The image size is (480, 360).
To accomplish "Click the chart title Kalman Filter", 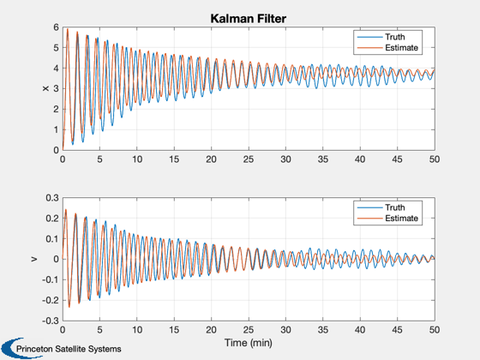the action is click(249, 19).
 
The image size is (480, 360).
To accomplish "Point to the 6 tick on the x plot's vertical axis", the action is click(56, 27).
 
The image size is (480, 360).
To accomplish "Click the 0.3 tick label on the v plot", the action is click(52, 198).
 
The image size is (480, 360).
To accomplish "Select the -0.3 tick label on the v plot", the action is click(51, 321).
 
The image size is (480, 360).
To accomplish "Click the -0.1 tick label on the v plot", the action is click(51, 279).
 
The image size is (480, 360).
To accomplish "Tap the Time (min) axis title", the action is click(249, 343).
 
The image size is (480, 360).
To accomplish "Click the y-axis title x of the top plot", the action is click(45, 89).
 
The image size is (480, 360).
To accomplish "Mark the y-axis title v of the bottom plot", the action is click(34, 259).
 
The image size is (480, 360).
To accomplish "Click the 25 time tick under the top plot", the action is click(249, 159).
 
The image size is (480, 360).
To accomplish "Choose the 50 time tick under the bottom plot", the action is click(435, 330).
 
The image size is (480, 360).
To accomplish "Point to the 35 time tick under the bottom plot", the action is click(322, 330).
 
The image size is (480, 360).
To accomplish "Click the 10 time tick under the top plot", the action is click(137, 159).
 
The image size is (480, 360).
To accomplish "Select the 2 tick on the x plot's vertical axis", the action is click(56, 110).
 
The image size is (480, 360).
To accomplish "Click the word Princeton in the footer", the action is click(34, 349).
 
